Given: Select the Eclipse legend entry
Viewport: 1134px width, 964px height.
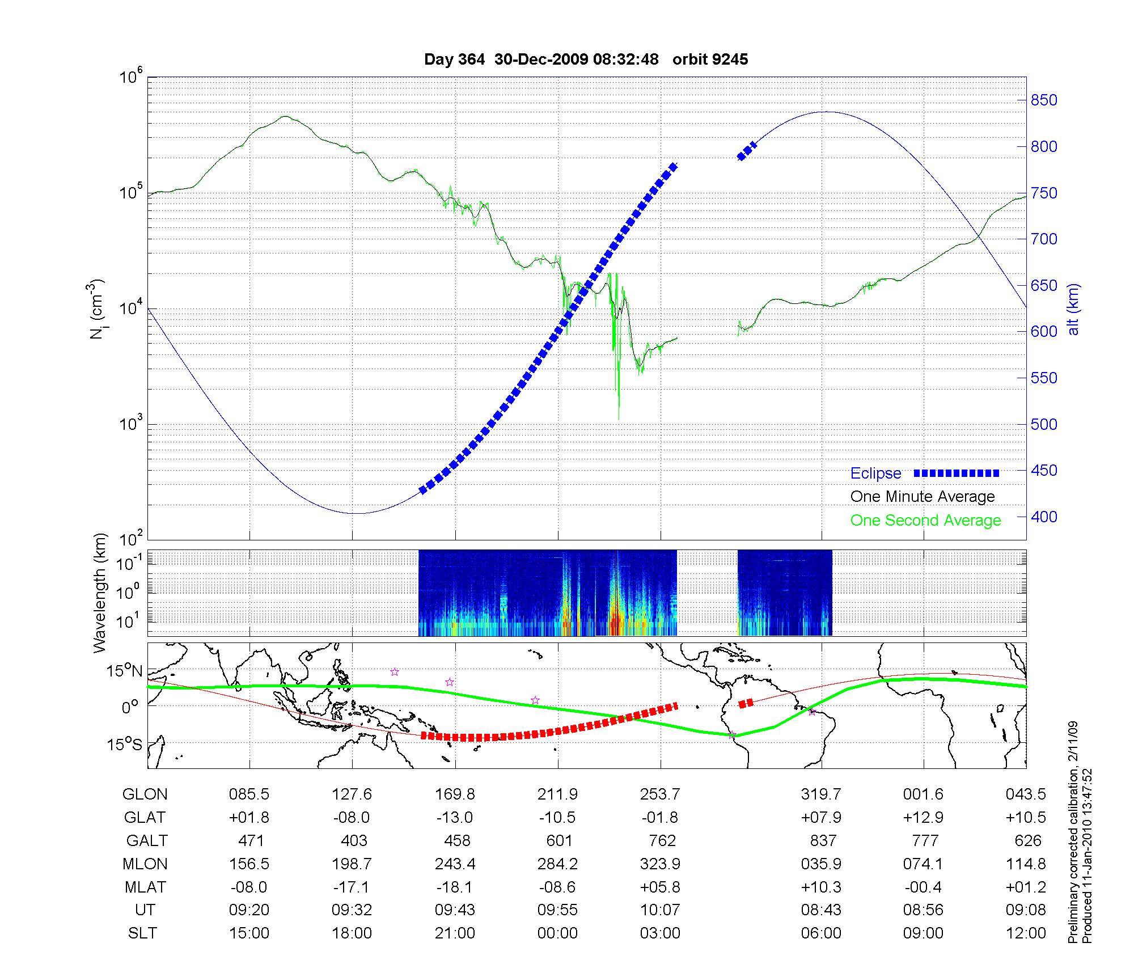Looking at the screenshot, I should [x=875, y=473].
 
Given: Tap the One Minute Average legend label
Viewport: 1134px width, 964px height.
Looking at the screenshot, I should [x=923, y=497].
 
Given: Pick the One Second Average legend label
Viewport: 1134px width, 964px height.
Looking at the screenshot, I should [x=925, y=521].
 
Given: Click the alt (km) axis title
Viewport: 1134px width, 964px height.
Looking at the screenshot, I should [x=1073, y=309].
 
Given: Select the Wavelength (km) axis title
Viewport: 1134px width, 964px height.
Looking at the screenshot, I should [x=100, y=593].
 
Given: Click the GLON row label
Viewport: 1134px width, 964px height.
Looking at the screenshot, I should [x=145, y=794].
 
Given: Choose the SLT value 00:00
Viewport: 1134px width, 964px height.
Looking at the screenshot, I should [x=557, y=933].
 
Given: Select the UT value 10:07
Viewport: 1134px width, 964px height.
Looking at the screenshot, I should [x=661, y=910].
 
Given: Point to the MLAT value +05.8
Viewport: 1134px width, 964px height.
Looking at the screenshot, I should [x=661, y=886].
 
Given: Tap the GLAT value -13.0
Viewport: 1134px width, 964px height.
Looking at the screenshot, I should [x=455, y=817].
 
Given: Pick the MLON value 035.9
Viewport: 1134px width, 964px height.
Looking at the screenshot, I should [x=821, y=864].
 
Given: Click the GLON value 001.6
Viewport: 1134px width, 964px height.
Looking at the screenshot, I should [x=923, y=794].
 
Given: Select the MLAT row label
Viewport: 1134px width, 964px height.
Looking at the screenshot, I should [x=145, y=886].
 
